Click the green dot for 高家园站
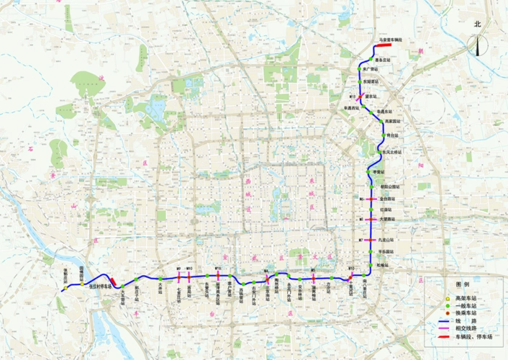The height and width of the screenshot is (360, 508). [x=381, y=122]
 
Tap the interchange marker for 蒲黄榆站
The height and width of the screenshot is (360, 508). [x=312, y=276]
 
